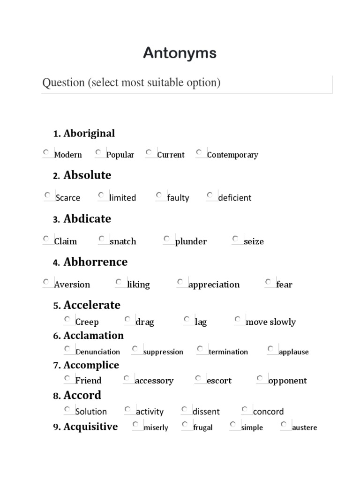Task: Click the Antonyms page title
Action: (180, 53)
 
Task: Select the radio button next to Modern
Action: (46, 152)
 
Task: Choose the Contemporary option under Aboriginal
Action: (232, 155)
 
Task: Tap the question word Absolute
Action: (87, 175)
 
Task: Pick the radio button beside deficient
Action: (210, 195)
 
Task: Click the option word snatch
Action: (123, 241)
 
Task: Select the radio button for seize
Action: (235, 239)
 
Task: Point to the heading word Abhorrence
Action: (95, 262)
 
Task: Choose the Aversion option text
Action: (72, 285)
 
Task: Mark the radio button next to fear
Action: (268, 282)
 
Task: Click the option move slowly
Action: (270, 322)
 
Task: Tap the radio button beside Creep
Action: (67, 319)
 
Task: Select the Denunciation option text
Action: (97, 352)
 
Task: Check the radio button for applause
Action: (270, 349)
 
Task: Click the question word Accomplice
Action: (91, 365)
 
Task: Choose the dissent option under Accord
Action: (206, 412)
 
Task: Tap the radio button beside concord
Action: (245, 409)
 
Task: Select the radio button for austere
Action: (284, 425)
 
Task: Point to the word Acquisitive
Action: (90, 427)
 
